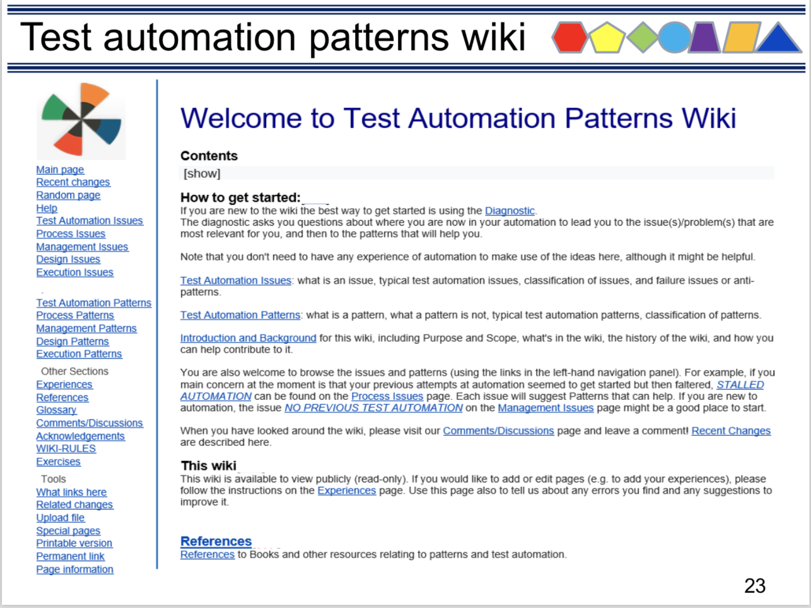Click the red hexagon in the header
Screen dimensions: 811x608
click(x=569, y=37)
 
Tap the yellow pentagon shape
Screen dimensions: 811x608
click(x=607, y=38)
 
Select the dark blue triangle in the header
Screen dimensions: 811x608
click(x=778, y=38)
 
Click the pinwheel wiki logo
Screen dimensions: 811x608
click(x=81, y=120)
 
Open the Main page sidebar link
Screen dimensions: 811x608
click(x=60, y=170)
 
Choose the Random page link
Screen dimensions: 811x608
click(x=68, y=195)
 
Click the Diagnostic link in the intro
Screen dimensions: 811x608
click(x=510, y=211)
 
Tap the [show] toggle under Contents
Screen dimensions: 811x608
click(x=202, y=173)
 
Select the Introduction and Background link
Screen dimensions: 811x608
click(x=248, y=338)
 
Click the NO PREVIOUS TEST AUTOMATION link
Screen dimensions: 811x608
click(x=373, y=408)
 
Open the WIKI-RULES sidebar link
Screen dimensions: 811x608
click(x=66, y=448)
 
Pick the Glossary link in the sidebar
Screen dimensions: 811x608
click(x=57, y=410)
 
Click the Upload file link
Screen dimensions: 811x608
click(x=61, y=518)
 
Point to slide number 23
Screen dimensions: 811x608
click(x=755, y=585)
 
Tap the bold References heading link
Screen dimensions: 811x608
click(x=216, y=541)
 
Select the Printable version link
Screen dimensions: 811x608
click(x=74, y=543)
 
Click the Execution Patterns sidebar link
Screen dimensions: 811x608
click(x=79, y=354)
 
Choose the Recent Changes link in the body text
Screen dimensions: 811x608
click(x=731, y=431)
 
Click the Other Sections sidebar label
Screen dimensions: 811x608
click(x=74, y=371)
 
